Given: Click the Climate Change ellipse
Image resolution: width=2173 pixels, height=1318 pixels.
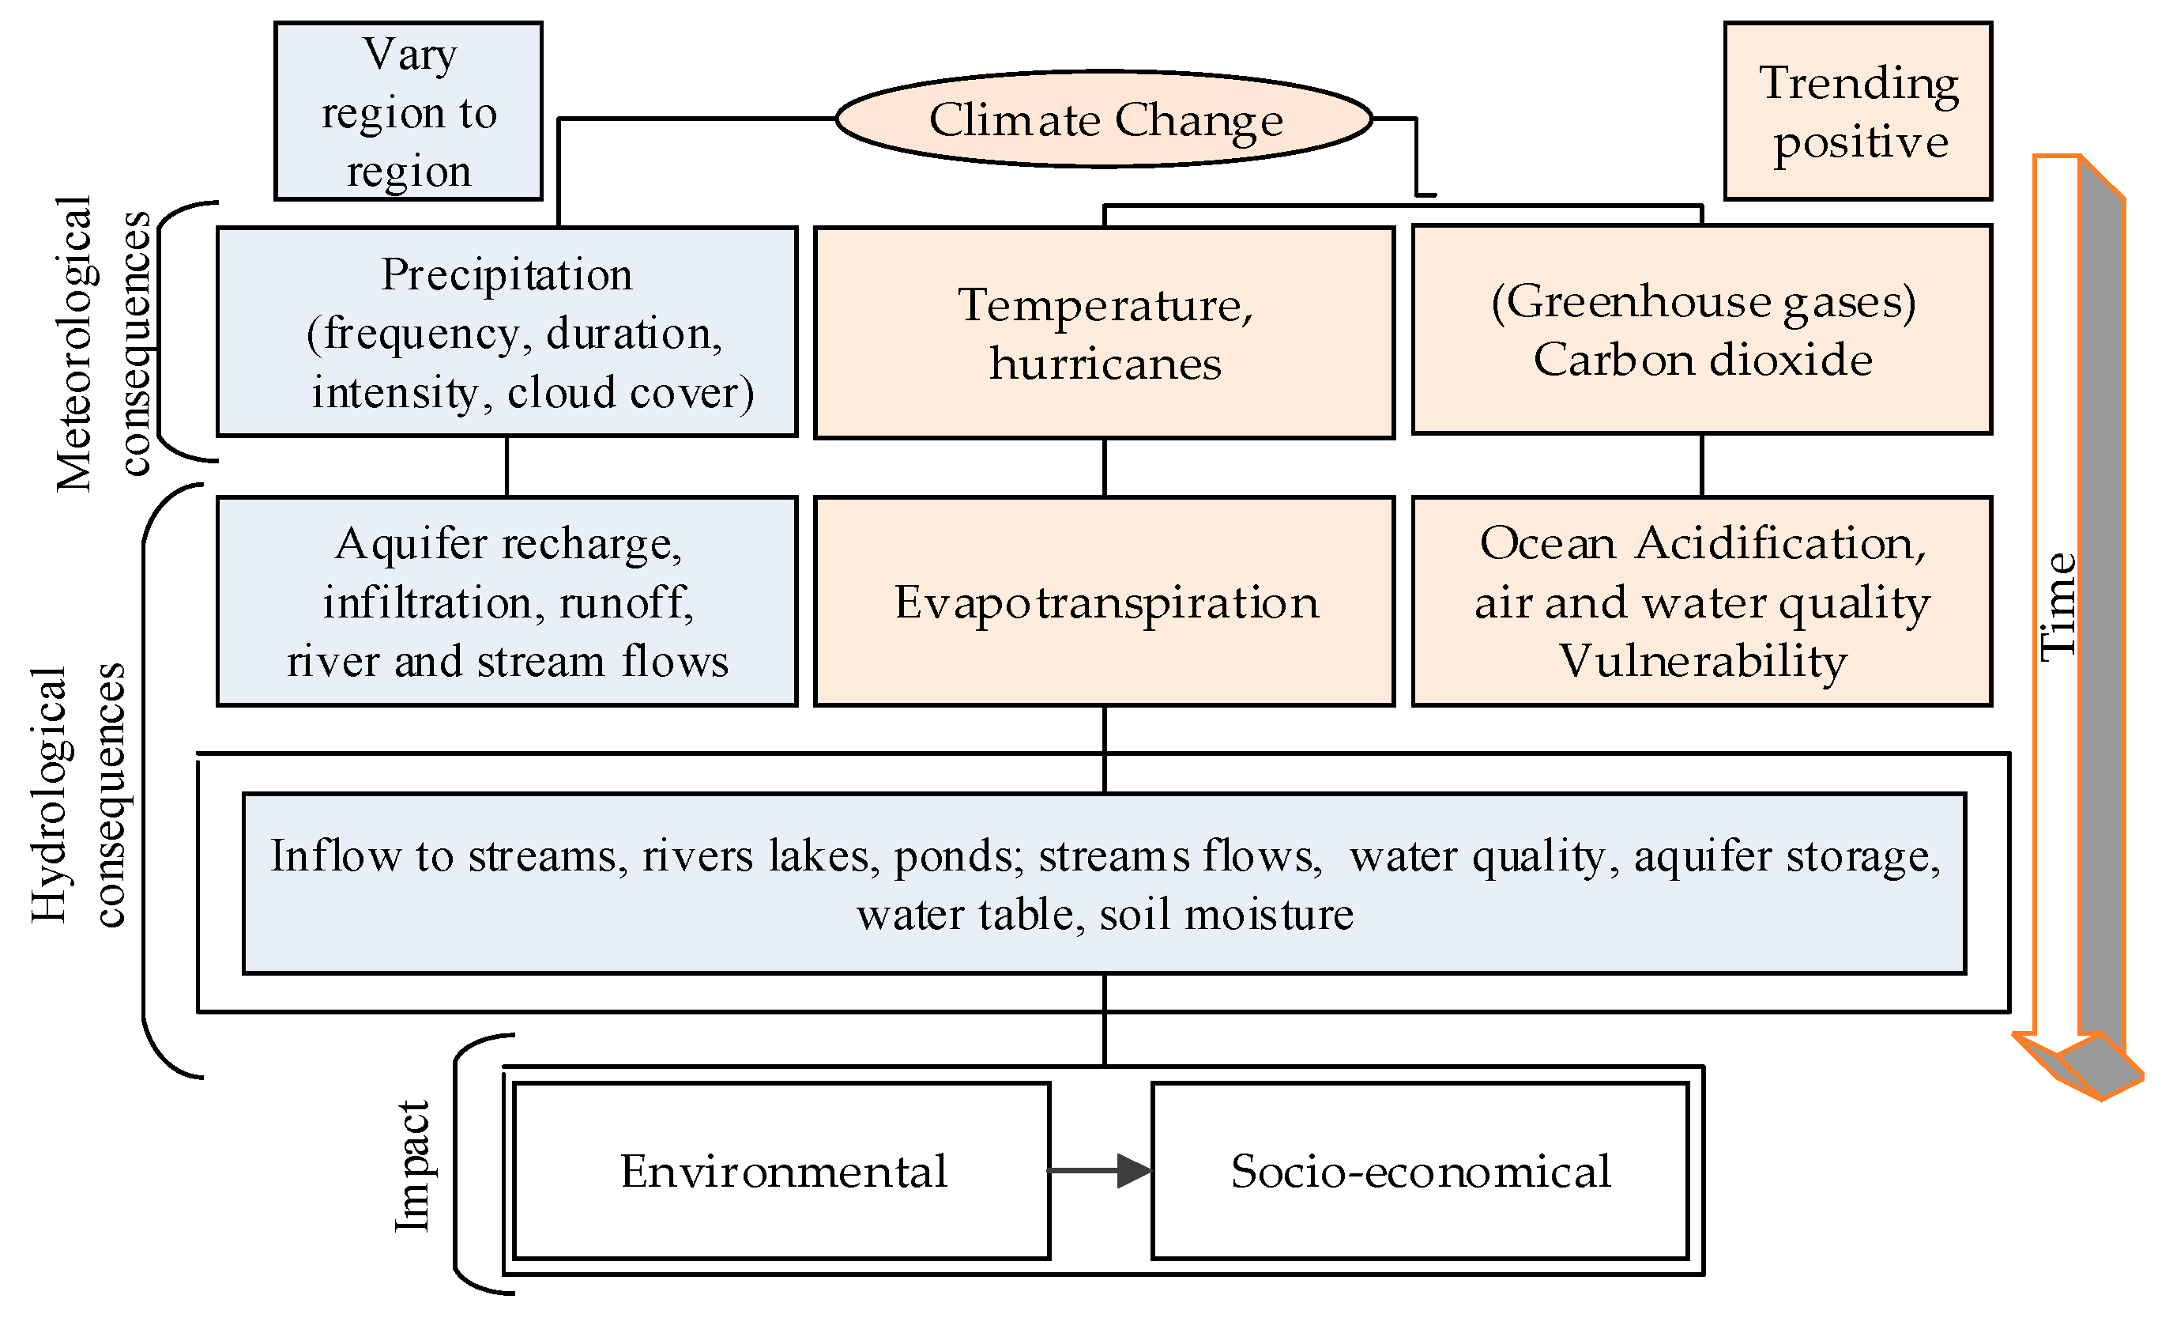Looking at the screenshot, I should [x=1104, y=119].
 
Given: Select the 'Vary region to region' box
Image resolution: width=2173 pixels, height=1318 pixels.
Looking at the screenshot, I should [x=409, y=111].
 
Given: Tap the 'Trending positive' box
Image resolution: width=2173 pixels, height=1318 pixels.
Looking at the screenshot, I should [x=1859, y=111].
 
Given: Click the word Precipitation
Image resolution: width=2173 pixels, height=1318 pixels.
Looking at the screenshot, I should [x=507, y=274].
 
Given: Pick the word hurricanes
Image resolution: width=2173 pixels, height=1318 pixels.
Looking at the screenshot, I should [x=1105, y=364].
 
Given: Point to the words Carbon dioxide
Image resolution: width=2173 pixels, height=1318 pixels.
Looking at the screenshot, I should [x=1702, y=360].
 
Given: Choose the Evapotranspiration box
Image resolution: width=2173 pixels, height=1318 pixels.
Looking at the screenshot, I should [x=1105, y=602].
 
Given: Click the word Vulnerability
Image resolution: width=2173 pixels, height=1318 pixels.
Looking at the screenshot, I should [x=1702, y=661].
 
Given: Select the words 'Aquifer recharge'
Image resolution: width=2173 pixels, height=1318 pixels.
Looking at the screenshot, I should [x=507, y=543].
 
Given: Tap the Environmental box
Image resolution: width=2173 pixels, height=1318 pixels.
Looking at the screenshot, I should [x=782, y=1171].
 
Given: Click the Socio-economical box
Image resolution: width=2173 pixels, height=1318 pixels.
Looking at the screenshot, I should [x=1420, y=1171].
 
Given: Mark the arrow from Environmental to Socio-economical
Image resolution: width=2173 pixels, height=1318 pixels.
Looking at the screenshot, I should [x=1101, y=1171].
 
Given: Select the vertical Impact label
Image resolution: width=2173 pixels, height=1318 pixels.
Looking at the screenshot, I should [x=412, y=1165].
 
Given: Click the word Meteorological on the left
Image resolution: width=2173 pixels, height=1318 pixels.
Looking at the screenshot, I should [x=74, y=344].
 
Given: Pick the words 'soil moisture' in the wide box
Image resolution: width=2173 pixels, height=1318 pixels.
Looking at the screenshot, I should [x=1226, y=914].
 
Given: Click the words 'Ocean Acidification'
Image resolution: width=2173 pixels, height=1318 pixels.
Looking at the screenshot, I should [x=1702, y=543].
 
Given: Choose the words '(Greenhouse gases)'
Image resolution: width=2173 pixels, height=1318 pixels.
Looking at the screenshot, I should [x=1702, y=302].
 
